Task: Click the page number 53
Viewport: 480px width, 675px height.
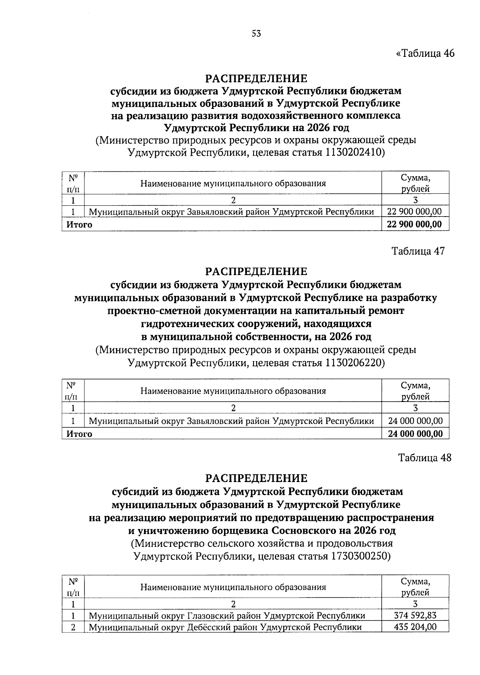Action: click(x=256, y=34)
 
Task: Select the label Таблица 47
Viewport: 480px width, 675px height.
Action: click(x=418, y=251)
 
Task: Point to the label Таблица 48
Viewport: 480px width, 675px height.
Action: click(x=425, y=458)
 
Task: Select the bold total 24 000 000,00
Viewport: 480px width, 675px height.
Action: click(x=415, y=434)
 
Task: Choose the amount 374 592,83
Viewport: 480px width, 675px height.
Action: click(x=415, y=615)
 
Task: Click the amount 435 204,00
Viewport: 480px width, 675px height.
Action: click(x=415, y=627)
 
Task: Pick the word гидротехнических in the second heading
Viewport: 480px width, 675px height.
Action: click(x=184, y=323)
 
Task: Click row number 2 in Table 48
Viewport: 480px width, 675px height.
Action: click(x=73, y=627)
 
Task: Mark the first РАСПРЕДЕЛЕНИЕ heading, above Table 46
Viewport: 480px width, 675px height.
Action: click(x=256, y=78)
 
